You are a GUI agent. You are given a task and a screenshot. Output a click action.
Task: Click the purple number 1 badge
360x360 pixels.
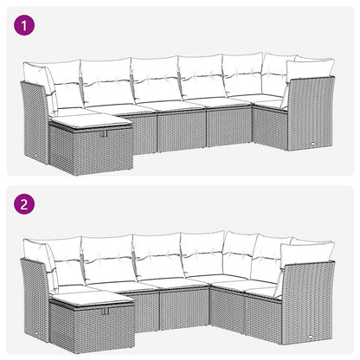[26, 26]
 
